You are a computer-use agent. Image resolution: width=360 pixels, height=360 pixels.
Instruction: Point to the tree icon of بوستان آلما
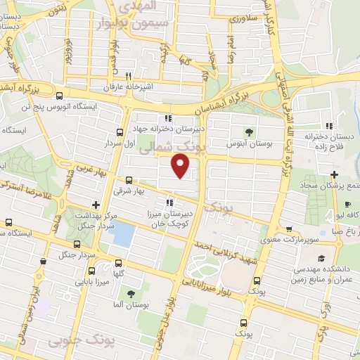click(x=129, y=292)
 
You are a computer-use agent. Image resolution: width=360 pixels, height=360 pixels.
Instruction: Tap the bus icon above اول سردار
click(x=120, y=131)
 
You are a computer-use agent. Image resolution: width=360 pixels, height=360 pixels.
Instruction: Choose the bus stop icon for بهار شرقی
click(x=128, y=180)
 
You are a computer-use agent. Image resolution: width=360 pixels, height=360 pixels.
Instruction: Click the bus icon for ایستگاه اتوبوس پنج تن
click(x=59, y=96)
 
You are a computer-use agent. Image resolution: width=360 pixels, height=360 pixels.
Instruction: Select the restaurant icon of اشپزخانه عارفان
click(x=128, y=77)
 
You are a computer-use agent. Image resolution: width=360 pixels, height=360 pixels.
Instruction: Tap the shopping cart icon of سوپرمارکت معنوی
click(x=289, y=229)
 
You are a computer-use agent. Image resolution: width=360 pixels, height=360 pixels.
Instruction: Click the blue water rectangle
click(x=122, y=234)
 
